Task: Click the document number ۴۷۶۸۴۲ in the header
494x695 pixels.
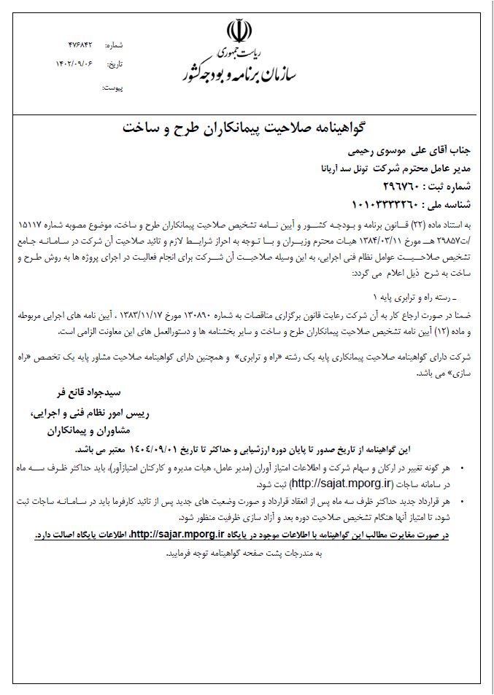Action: (x=80, y=45)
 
